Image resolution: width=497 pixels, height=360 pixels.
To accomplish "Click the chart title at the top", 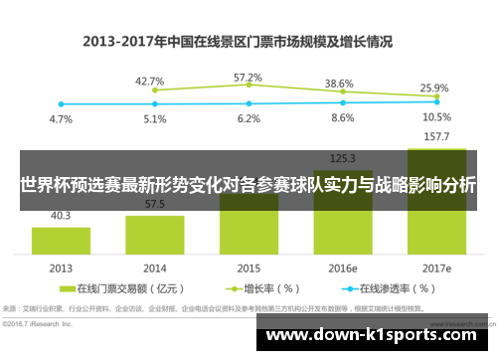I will point(238,42).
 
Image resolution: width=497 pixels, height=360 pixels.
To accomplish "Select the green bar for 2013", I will point(62,242).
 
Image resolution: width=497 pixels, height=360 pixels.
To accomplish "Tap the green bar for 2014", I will point(154,235).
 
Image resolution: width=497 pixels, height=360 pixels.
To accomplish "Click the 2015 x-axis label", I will point(248,269).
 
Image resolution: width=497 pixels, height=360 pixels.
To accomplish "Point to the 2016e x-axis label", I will point(343,269).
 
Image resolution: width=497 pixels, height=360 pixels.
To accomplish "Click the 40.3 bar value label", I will point(62,215).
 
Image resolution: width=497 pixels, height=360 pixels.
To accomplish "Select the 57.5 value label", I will point(154,204).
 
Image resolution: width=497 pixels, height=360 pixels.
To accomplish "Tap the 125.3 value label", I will point(343,157).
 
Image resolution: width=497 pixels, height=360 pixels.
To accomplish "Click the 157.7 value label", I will point(436,136).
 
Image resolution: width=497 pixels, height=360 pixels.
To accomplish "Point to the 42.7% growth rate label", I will point(150,82).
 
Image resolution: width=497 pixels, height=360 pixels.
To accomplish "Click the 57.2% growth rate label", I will point(248,77).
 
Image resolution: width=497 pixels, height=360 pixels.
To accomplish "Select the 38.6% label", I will point(340,84).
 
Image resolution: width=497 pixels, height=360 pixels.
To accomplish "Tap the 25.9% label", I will point(434,88).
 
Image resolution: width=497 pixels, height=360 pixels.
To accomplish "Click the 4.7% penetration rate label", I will point(62,119).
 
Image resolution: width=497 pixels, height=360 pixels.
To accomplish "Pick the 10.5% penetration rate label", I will point(436,117).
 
